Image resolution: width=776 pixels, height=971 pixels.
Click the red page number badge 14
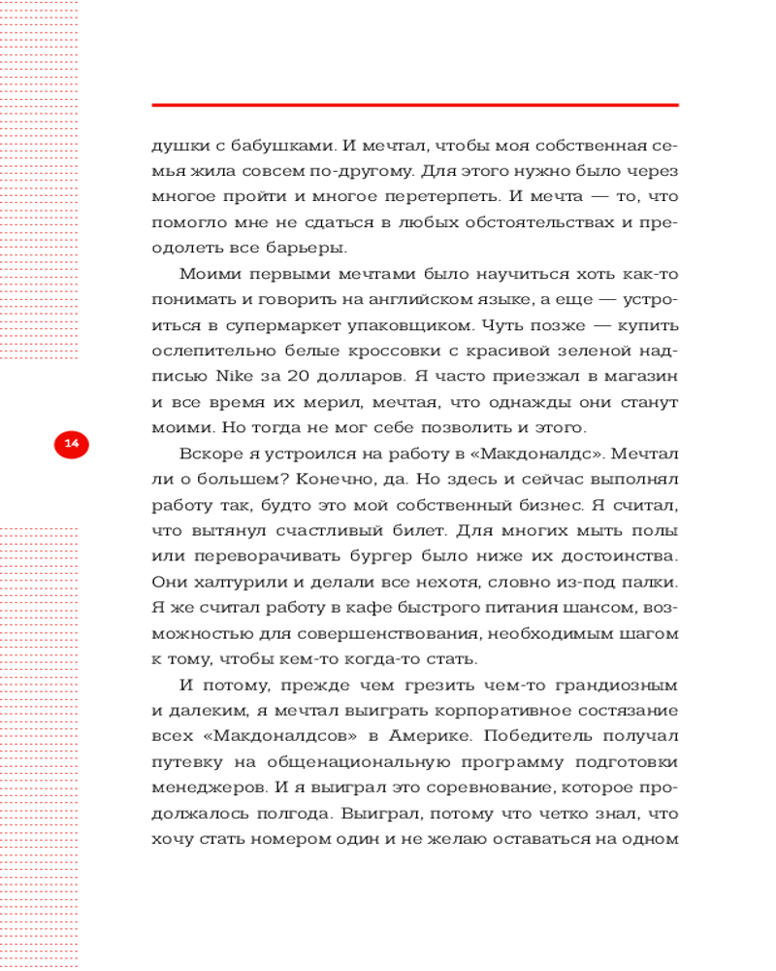[71, 443]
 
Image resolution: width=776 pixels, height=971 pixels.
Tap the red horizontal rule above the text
[415, 104]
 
